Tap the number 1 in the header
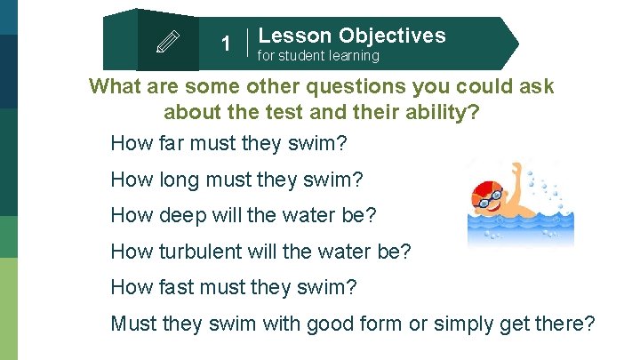[x=226, y=44]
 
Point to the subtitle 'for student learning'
[x=318, y=56]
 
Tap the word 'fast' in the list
[x=175, y=286]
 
